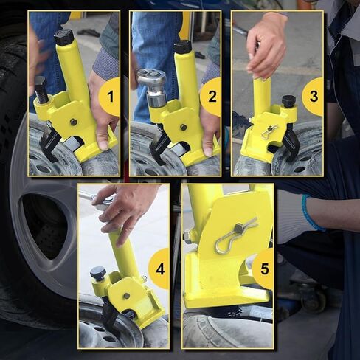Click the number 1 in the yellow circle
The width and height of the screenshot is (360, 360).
[111, 97]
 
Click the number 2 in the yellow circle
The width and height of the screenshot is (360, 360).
[212, 97]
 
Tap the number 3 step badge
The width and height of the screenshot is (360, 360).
[313, 97]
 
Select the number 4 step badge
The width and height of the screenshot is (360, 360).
[159, 269]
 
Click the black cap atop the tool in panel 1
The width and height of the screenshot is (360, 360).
[63, 37]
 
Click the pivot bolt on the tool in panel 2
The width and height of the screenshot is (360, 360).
[183, 127]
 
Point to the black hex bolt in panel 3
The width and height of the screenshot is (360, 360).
[288, 100]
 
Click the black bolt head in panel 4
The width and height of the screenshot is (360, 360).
[98, 274]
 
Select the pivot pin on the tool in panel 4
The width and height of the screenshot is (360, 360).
[126, 296]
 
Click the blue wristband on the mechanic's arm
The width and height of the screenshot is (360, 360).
[311, 213]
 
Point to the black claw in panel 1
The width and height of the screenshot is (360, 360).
[50, 142]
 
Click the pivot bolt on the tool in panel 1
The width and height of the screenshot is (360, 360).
[73, 122]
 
